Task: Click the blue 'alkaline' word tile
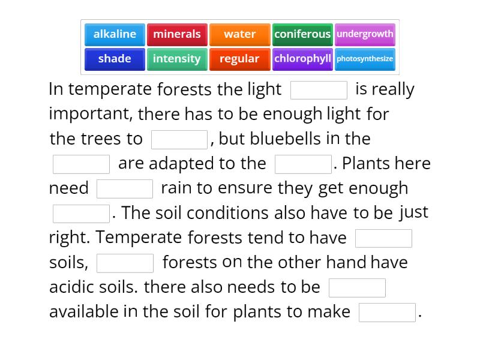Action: point(115,34)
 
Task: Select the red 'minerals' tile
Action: point(177,34)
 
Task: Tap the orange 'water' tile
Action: point(239,34)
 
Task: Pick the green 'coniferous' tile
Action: point(302,34)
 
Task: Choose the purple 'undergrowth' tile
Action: point(365,34)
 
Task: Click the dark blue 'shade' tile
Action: point(115,59)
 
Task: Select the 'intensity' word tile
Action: point(177,59)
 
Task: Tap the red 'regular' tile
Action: point(239,59)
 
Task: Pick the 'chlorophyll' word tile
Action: point(302,59)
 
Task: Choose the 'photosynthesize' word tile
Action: point(365,59)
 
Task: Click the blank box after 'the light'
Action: point(319,90)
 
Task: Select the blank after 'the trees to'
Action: point(179,139)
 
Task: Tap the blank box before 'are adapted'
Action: point(81,164)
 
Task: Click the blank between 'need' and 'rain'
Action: point(125,188)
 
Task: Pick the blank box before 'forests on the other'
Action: point(125,263)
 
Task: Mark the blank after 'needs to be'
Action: point(357,288)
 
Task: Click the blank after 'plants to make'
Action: point(387,313)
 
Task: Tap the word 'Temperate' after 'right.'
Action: point(139,238)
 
